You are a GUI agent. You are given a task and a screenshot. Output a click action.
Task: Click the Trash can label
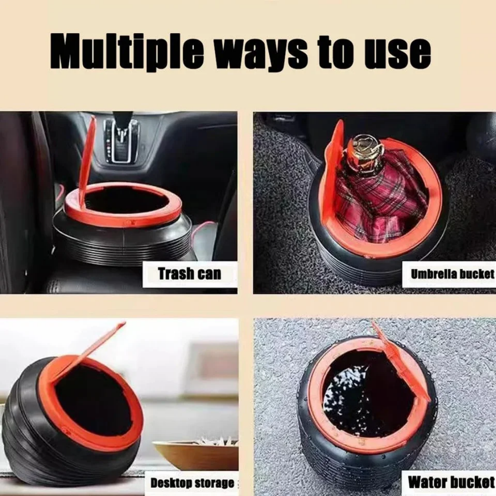(x=189, y=274)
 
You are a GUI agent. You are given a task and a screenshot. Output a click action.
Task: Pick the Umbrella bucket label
(x=452, y=274)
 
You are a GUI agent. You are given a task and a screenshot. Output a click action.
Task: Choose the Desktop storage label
(x=192, y=483)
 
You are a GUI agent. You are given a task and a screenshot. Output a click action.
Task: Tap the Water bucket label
(x=451, y=482)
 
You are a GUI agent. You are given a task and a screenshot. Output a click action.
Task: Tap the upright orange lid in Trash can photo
(x=87, y=156)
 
